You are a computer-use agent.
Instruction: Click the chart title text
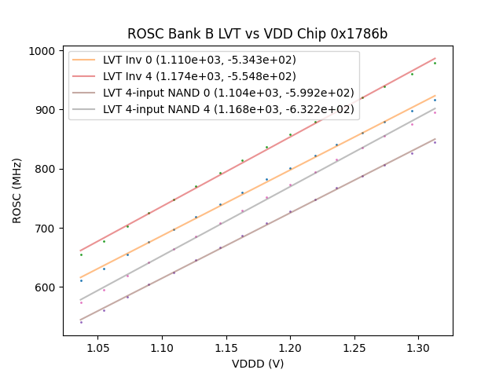tap(257, 35)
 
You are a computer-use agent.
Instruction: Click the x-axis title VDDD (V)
tap(257, 364)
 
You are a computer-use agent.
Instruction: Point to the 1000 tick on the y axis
tap(46, 51)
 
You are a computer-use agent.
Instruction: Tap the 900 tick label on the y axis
tap(49, 110)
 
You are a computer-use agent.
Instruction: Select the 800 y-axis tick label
tap(49, 169)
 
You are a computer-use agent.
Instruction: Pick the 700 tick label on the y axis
tap(49, 229)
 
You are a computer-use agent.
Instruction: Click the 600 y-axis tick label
tap(49, 287)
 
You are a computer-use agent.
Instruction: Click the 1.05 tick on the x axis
tap(97, 346)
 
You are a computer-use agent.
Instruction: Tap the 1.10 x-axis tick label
tap(162, 346)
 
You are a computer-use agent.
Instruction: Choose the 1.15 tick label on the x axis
tap(226, 346)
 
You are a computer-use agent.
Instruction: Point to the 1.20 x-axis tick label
tap(290, 346)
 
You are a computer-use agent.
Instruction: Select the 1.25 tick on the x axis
tap(354, 346)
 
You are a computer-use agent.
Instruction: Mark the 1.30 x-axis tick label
tap(418, 346)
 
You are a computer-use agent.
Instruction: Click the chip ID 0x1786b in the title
tap(354, 35)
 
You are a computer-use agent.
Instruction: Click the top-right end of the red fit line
tap(435, 57)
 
